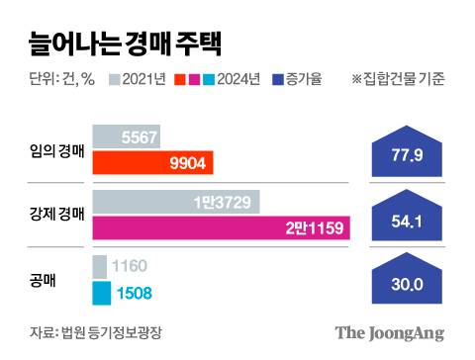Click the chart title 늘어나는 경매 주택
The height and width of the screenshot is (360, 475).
(117, 43)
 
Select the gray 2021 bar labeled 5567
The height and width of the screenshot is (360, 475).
(126, 138)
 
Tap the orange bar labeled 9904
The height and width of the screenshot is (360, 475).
(152, 162)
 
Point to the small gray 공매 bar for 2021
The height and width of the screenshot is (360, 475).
(100, 267)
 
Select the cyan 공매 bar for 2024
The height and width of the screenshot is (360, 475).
(101, 293)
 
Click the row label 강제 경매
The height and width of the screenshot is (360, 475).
(55, 215)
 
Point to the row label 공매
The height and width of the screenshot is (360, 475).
(43, 280)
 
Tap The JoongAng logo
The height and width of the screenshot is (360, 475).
(388, 332)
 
